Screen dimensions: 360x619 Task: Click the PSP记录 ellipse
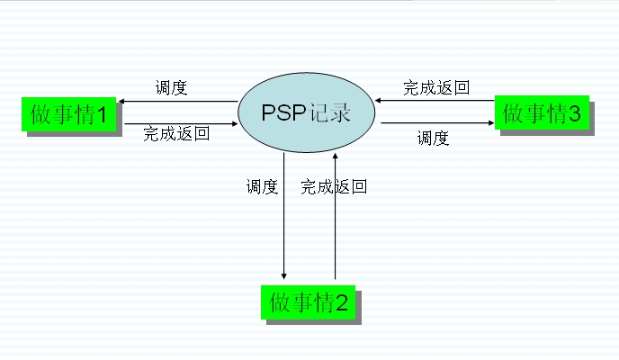click(x=306, y=113)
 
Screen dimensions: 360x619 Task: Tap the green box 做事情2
click(x=308, y=301)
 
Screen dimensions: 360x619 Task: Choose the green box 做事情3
click(x=542, y=113)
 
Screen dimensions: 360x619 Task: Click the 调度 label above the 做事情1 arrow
click(x=171, y=88)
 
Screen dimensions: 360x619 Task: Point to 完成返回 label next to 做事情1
click(x=176, y=134)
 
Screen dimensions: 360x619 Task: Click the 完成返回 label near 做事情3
click(x=436, y=87)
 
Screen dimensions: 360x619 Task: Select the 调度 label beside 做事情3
click(x=433, y=138)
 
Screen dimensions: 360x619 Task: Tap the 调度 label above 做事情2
click(x=262, y=187)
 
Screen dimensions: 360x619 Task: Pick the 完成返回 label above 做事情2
click(x=334, y=187)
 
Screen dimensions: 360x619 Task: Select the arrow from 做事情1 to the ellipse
click(x=180, y=122)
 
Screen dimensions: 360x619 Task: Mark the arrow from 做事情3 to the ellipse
click(x=435, y=100)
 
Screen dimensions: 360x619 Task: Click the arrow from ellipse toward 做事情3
click(x=435, y=123)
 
